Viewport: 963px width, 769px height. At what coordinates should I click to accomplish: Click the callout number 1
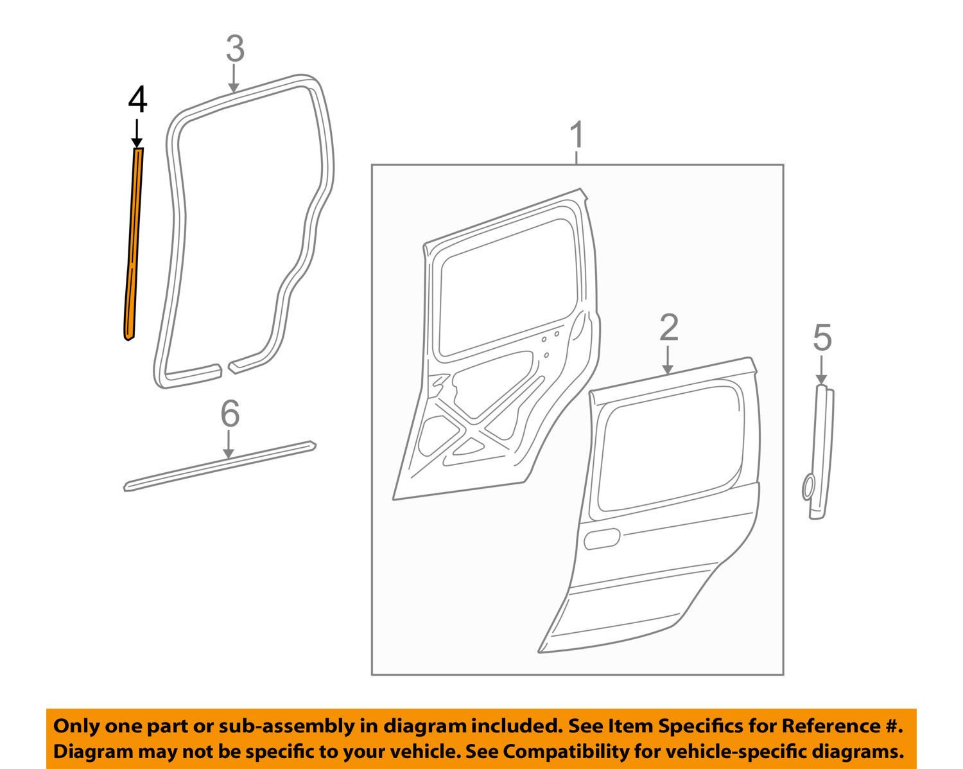577,136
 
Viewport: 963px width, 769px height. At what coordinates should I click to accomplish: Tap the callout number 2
668,328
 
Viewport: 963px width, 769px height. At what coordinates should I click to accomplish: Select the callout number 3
235,49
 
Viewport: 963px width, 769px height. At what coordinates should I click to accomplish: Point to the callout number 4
137,101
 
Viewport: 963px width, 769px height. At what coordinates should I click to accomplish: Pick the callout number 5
822,338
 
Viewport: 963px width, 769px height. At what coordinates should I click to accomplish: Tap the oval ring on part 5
807,486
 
